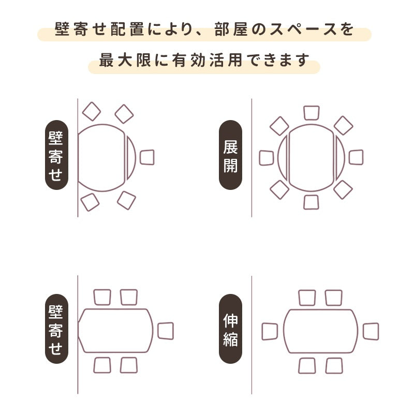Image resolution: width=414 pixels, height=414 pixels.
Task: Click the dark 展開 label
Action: [230, 155]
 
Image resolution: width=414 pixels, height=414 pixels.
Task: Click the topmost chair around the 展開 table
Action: [312, 113]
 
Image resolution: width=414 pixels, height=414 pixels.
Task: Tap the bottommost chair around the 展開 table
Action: [312, 202]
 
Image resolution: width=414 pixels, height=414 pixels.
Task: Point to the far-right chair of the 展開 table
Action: [356, 157]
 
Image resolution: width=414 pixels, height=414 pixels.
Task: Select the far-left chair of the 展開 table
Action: [267, 158]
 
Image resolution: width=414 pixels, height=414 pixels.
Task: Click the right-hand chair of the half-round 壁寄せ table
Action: [147, 157]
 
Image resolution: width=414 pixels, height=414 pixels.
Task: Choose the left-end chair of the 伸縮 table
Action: [270, 331]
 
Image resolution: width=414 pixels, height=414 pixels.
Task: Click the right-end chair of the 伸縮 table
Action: [371, 331]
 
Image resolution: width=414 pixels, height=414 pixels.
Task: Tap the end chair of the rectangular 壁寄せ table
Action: [166, 331]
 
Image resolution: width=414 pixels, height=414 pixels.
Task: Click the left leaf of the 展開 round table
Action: [283, 157]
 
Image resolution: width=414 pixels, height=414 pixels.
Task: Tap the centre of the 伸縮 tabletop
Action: [320, 331]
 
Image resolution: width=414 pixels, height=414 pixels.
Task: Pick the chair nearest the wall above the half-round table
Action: [92, 111]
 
